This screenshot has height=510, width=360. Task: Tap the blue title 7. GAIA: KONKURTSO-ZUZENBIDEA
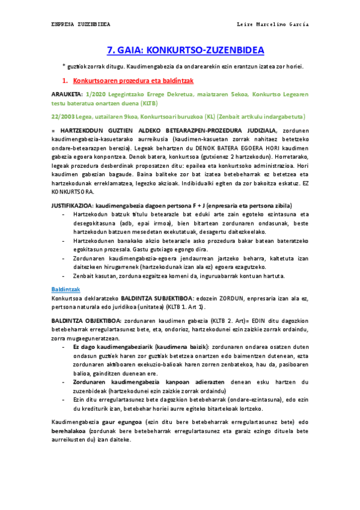pos(180,50)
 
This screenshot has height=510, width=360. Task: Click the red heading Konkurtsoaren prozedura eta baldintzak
pos(133,80)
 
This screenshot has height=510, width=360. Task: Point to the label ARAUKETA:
pos(67,94)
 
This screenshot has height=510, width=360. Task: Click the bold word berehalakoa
pos(70,431)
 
